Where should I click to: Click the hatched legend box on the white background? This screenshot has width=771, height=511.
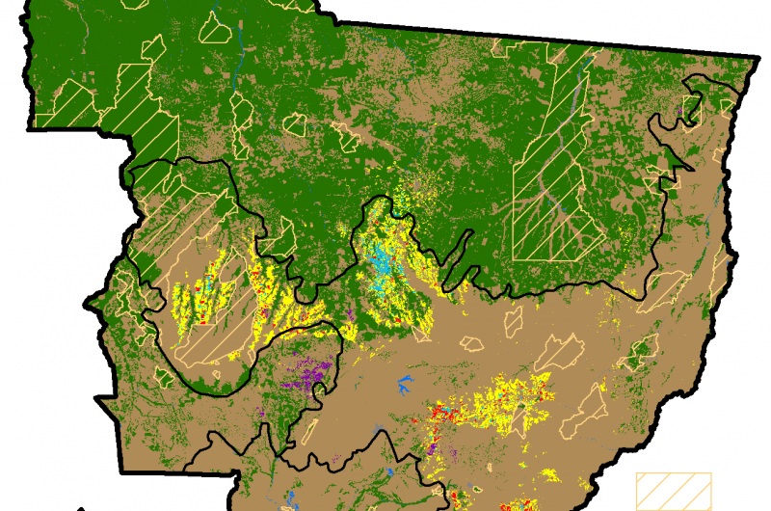coord(672,490)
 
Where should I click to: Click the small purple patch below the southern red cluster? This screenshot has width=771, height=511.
coord(431,448)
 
